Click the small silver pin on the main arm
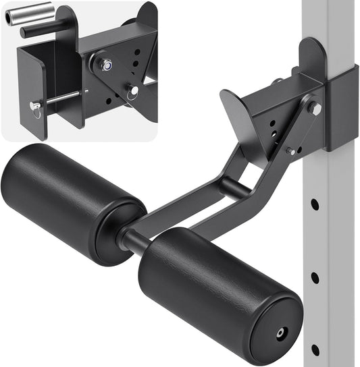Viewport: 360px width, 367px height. (290, 151)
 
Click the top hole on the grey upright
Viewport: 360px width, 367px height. (315, 203)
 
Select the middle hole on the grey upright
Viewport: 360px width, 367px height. (315, 277)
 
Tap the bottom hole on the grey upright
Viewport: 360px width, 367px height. (315, 349)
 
